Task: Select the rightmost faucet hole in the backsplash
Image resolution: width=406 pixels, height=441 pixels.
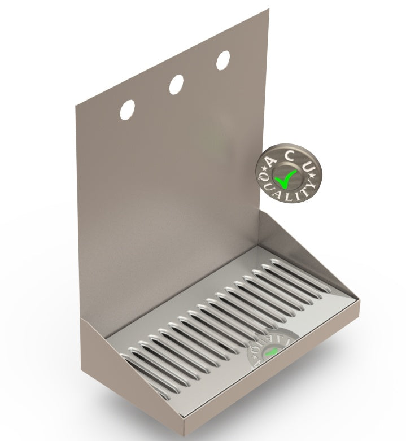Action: [223, 60]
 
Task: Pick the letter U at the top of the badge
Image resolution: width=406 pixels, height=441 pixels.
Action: [310, 167]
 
